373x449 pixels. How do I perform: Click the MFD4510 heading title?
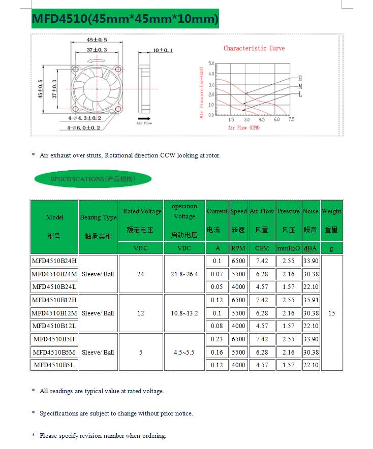pyautogui.click(x=125, y=19)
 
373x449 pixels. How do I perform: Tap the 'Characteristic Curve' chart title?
pyautogui.click(x=254, y=48)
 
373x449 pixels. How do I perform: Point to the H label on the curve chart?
pyautogui.click(x=300, y=78)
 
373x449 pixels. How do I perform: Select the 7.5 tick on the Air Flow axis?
pyautogui.click(x=291, y=120)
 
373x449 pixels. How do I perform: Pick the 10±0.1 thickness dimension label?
pyautogui.click(x=163, y=50)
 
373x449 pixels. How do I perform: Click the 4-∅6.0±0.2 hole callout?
pyautogui.click(x=83, y=127)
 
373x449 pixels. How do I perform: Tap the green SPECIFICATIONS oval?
pyautogui.click(x=92, y=179)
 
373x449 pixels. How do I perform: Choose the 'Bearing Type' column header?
pyautogui.click(x=98, y=217)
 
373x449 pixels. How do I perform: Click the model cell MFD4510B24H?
pyautogui.click(x=54, y=261)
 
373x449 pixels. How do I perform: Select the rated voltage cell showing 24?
pyautogui.click(x=141, y=274)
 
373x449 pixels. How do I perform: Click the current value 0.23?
pyautogui.click(x=217, y=339)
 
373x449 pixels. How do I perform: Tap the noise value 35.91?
pyautogui.click(x=311, y=300)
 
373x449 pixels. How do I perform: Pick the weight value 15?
pyautogui.click(x=331, y=313)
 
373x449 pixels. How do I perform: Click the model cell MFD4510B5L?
pyautogui.click(x=54, y=365)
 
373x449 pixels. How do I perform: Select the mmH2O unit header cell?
pyautogui.click(x=289, y=248)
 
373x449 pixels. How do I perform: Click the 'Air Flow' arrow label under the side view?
pyautogui.click(x=144, y=123)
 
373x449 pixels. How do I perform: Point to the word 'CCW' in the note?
pyautogui.click(x=167, y=155)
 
